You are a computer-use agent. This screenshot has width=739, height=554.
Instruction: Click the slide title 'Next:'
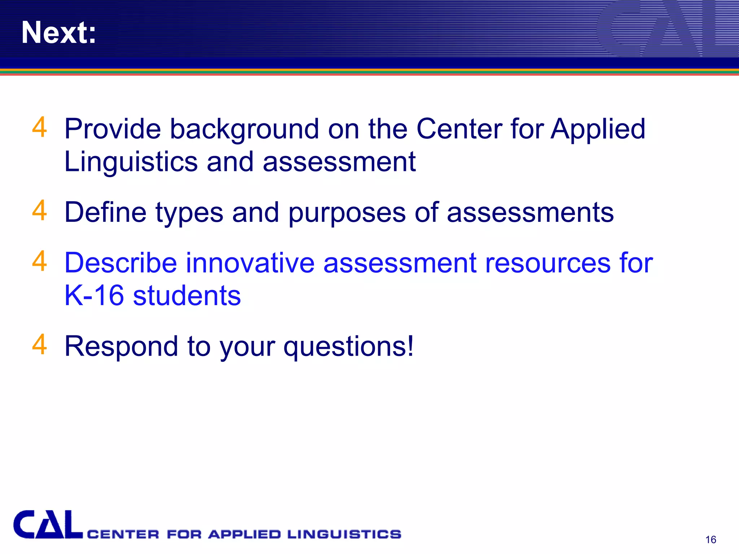tap(59, 32)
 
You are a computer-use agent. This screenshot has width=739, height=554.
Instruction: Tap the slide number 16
tap(710, 540)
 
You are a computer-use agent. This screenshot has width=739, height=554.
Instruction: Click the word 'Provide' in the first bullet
tap(112, 129)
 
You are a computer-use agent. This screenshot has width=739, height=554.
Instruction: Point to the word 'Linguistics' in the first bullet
tap(131, 162)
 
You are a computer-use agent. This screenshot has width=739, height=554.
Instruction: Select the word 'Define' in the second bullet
tap(105, 212)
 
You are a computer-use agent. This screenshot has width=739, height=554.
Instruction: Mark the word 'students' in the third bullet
tap(187, 295)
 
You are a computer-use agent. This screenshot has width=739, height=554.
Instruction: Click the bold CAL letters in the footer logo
tap(48, 525)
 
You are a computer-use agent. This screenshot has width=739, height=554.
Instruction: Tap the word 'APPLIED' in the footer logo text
tap(244, 534)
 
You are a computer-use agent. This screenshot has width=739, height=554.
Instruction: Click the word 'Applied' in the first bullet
tap(598, 129)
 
